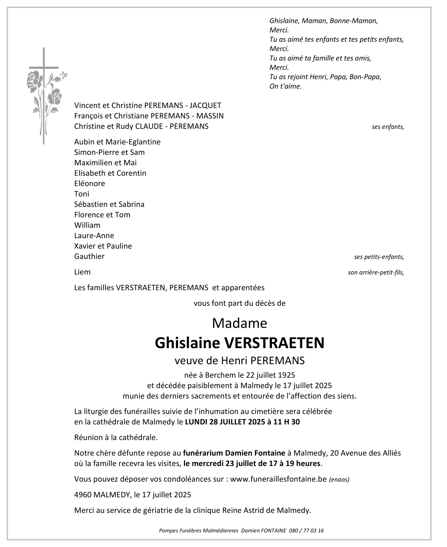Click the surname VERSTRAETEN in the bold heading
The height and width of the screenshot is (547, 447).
tap(274, 343)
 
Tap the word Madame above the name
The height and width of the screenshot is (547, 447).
tap(240, 323)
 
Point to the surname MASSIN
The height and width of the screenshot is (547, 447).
tap(210, 116)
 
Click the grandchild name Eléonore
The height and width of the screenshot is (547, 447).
tap(89, 183)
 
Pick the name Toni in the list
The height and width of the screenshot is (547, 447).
tap(82, 194)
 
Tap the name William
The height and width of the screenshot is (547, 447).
tap(87, 225)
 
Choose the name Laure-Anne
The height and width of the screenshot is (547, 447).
tap(94, 236)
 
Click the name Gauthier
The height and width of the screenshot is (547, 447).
tap(89, 257)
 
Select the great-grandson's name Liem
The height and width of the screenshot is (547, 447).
tap(82, 272)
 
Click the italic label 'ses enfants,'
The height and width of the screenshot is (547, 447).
tap(388, 127)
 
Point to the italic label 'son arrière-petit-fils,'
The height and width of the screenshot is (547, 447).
tap(376, 273)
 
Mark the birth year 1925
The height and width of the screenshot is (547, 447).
tap(287, 375)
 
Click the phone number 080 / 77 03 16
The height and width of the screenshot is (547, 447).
tap(306, 530)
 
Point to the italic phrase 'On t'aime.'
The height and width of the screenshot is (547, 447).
tap(285, 87)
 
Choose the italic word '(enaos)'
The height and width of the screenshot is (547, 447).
tap(339, 480)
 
